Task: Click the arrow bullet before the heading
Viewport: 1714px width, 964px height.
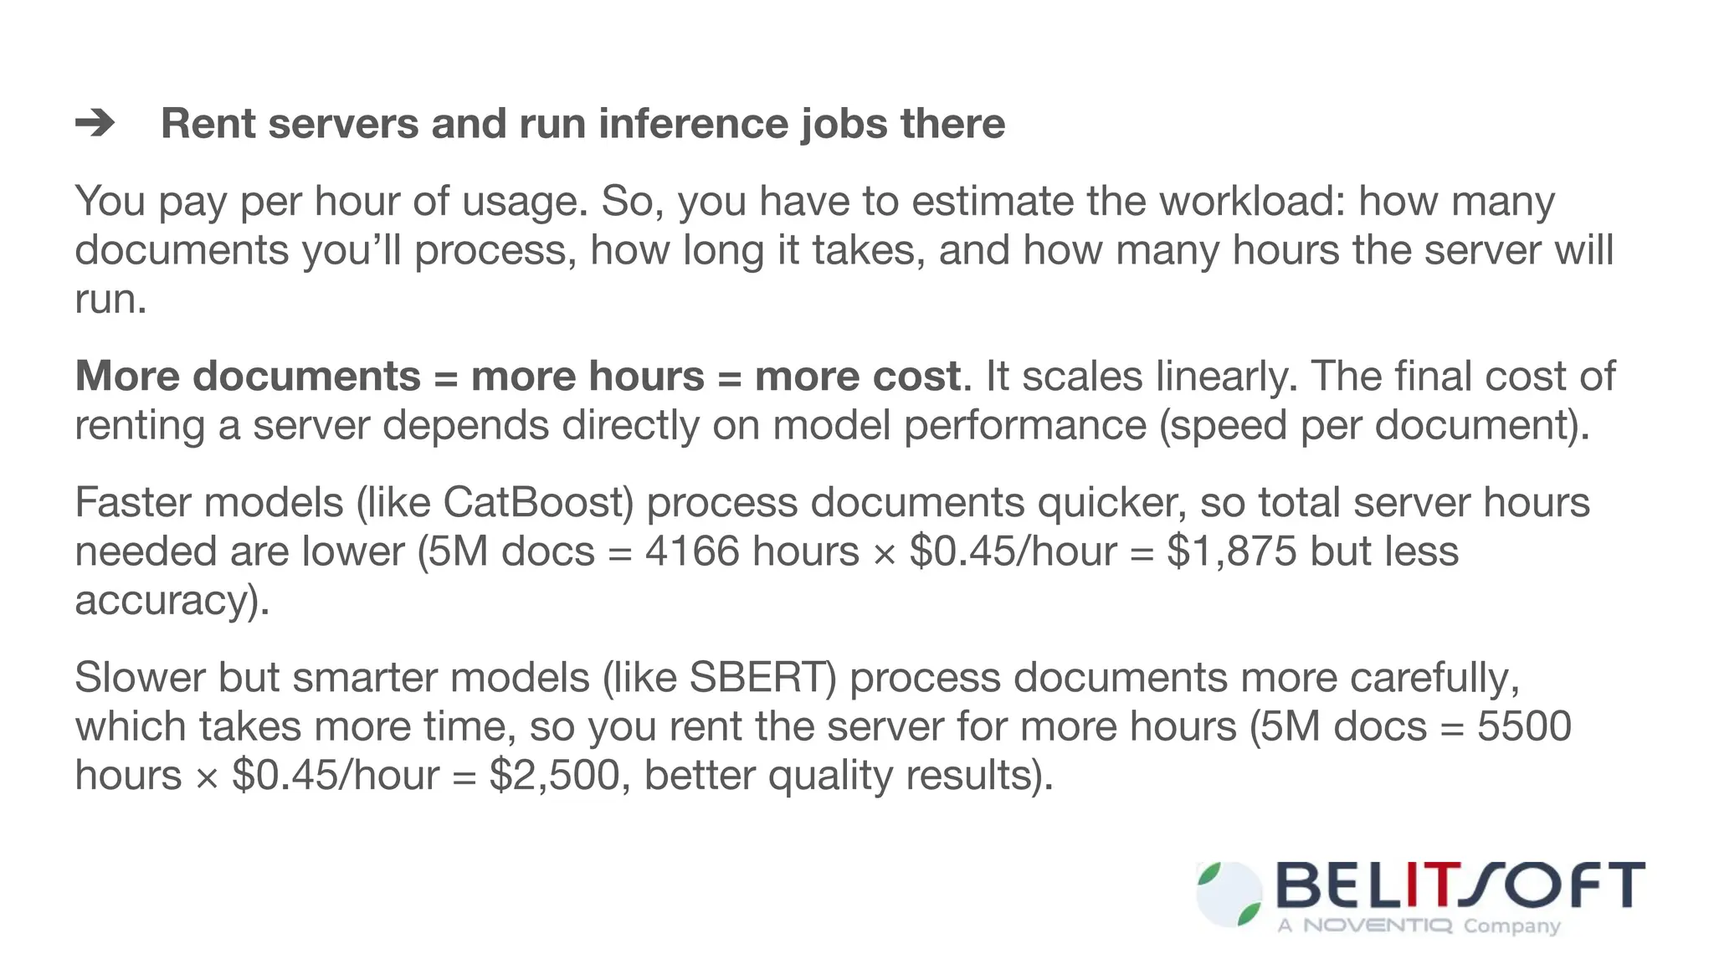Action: point(95,125)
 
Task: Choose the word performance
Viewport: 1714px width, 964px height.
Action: point(1024,425)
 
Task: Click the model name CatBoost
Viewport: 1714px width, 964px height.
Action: point(532,503)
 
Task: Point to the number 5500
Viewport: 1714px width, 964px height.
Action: point(1523,726)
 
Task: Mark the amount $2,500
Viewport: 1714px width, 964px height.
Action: point(554,776)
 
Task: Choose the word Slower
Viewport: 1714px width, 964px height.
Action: point(140,678)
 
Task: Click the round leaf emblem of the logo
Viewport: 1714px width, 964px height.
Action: point(1229,895)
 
